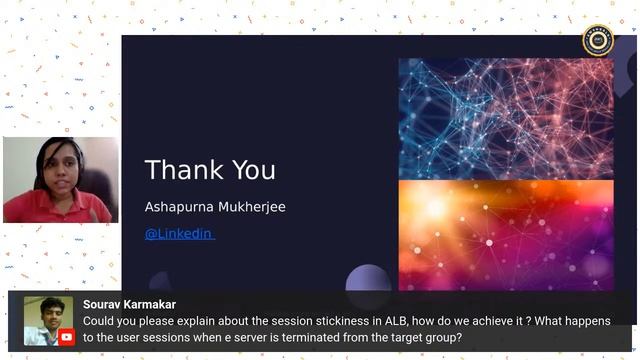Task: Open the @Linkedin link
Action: tap(179, 233)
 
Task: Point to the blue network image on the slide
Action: tap(505, 117)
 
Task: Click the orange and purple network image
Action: tap(505, 234)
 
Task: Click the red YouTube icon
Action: tap(66, 337)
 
